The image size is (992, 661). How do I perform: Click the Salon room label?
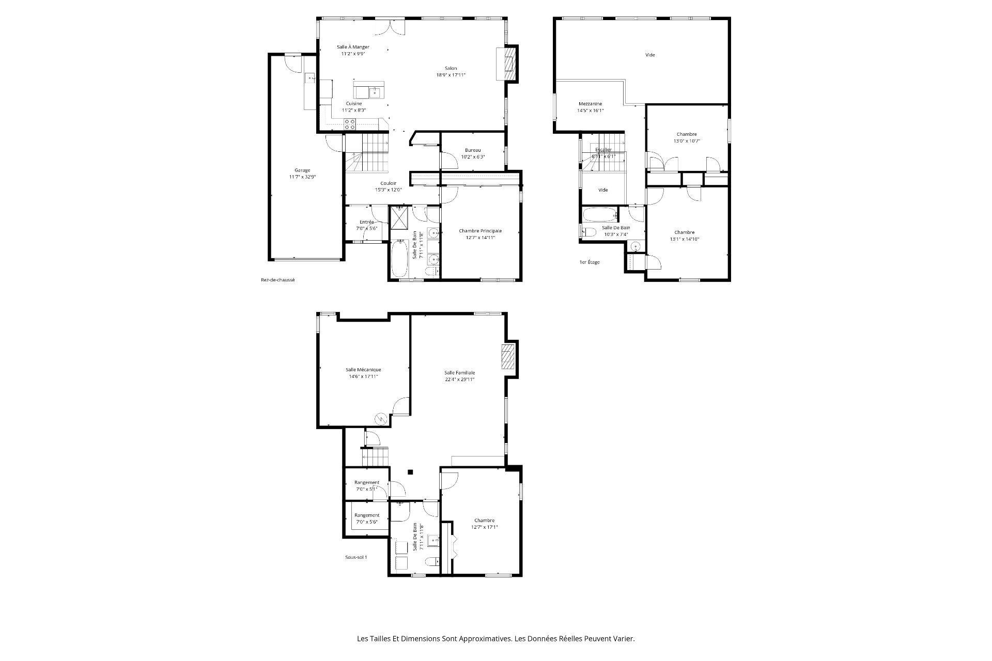[451, 68]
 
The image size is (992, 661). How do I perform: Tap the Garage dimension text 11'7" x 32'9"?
[302, 177]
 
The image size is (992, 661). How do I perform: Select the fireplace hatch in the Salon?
[509, 64]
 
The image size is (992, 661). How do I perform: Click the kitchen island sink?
[375, 92]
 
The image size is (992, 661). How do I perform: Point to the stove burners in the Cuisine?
[350, 124]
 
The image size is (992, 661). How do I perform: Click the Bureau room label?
[472, 150]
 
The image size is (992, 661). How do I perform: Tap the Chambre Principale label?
[480, 231]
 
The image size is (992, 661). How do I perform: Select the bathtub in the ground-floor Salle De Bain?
[399, 259]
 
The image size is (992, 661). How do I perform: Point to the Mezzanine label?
[590, 104]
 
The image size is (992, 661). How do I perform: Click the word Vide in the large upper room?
[650, 55]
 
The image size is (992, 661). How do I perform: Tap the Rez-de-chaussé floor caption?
[277, 280]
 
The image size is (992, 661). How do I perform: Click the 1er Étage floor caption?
[590, 262]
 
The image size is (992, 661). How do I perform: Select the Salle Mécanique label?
[363, 370]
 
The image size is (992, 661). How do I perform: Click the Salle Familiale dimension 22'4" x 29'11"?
[459, 380]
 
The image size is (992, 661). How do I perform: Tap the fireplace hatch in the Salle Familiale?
[508, 357]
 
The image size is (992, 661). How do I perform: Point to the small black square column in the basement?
[410, 471]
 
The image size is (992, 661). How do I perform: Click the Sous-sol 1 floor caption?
[356, 557]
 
